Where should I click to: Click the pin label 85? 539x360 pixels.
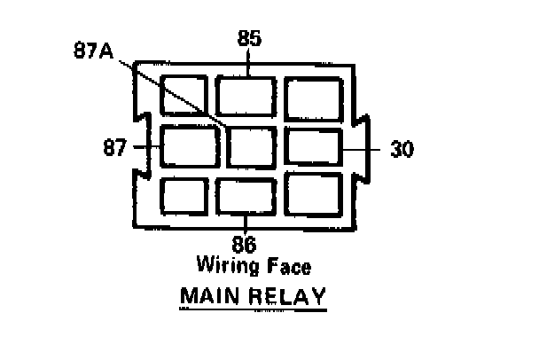249,38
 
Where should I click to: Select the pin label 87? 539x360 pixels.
115,148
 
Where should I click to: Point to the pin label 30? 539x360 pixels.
402,149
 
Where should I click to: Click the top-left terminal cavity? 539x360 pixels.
184,96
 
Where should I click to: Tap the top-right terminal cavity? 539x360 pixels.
313,96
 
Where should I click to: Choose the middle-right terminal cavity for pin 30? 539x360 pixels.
313,147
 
